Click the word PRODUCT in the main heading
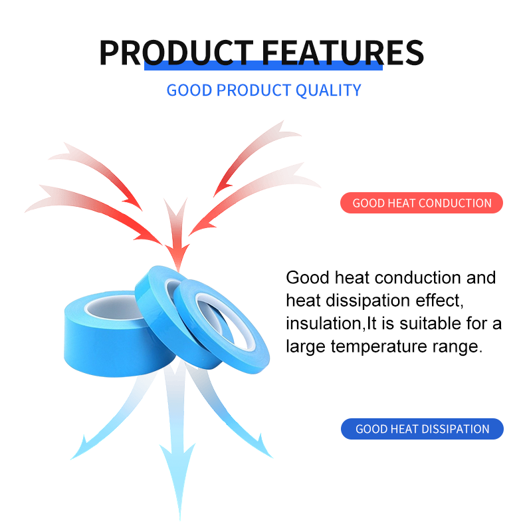pos(177,53)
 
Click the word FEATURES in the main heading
pos(343,53)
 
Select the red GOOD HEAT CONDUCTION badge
pos(421,203)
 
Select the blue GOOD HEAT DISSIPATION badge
pos(422,429)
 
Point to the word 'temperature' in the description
pos(379,346)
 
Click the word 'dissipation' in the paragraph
pos(368,301)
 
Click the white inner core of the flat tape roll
pos(114,309)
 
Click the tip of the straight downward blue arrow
pos(180,519)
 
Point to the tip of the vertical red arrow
pos(178,271)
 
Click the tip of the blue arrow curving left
pos(71,459)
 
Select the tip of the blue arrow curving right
pos(272,457)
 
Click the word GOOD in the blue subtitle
pos(189,90)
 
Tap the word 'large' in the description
pos(305,347)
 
